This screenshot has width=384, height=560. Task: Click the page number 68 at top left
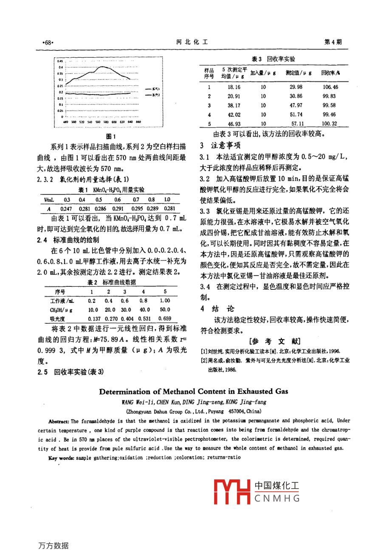click(x=48, y=42)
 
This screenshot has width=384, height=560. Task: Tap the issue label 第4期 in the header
click(x=333, y=42)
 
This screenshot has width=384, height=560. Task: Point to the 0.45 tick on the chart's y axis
click(x=60, y=61)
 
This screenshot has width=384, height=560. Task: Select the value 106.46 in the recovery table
click(x=330, y=87)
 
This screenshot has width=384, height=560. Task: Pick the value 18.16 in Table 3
click(x=234, y=87)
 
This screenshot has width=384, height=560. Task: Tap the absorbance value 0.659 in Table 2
click(x=164, y=318)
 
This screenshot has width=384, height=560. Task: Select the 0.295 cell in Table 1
click(x=137, y=209)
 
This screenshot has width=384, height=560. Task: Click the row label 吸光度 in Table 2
click(x=57, y=318)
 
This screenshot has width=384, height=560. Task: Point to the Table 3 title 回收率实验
click(x=281, y=59)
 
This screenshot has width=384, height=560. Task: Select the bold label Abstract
click(x=59, y=421)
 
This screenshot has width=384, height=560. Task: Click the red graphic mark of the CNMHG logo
click(x=232, y=492)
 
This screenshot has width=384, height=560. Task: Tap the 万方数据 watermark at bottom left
click(x=54, y=546)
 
